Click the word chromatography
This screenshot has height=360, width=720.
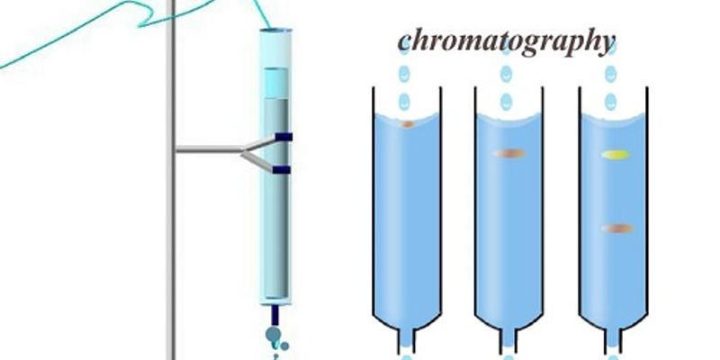(506, 42)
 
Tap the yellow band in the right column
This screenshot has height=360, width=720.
(616, 155)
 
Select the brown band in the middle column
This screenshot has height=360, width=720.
(509, 153)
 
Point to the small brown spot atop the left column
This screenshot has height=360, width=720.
(408, 124)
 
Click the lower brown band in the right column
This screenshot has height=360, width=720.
(618, 229)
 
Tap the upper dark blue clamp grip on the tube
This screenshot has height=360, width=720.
(283, 137)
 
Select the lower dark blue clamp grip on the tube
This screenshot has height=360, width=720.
(282, 170)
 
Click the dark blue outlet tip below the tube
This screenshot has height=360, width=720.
(275, 315)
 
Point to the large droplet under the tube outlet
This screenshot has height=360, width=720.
(273, 334)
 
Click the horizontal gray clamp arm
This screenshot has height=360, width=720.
(210, 149)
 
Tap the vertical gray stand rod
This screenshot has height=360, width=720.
(173, 180)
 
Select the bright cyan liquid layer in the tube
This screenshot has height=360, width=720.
(276, 83)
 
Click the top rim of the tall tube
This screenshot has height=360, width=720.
(275, 31)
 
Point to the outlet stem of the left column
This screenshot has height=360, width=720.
(406, 341)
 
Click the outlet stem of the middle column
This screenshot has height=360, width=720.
(508, 341)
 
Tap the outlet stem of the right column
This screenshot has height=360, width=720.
(613, 341)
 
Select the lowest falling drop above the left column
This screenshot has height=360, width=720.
(404, 102)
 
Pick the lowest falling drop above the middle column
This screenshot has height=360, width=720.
(506, 102)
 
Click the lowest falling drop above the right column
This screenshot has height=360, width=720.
(611, 102)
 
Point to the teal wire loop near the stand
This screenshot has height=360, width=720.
(147, 17)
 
